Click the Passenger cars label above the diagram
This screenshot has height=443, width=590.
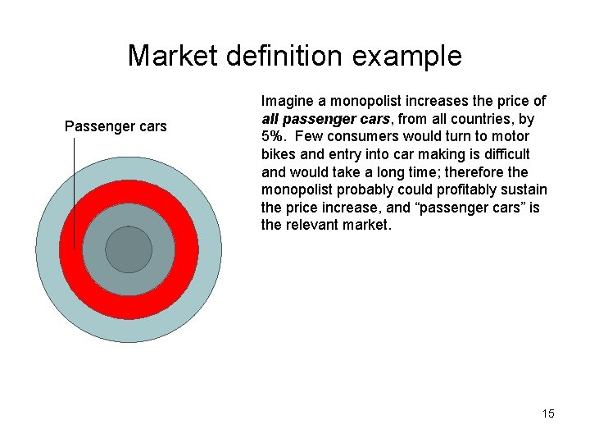pos(116,126)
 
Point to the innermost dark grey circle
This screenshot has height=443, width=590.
pos(129,249)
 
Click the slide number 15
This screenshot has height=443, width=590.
pos(548,413)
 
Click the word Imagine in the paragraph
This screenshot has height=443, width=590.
pos(286,101)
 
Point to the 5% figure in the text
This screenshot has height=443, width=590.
pos(274,136)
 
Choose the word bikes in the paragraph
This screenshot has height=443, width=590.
pos(278,154)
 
